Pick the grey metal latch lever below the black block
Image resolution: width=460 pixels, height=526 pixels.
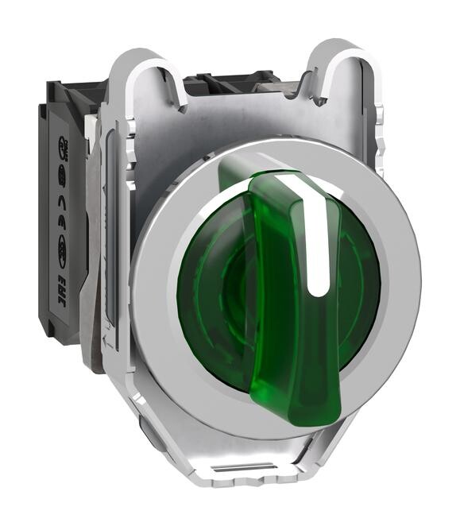click(x=99, y=334)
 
